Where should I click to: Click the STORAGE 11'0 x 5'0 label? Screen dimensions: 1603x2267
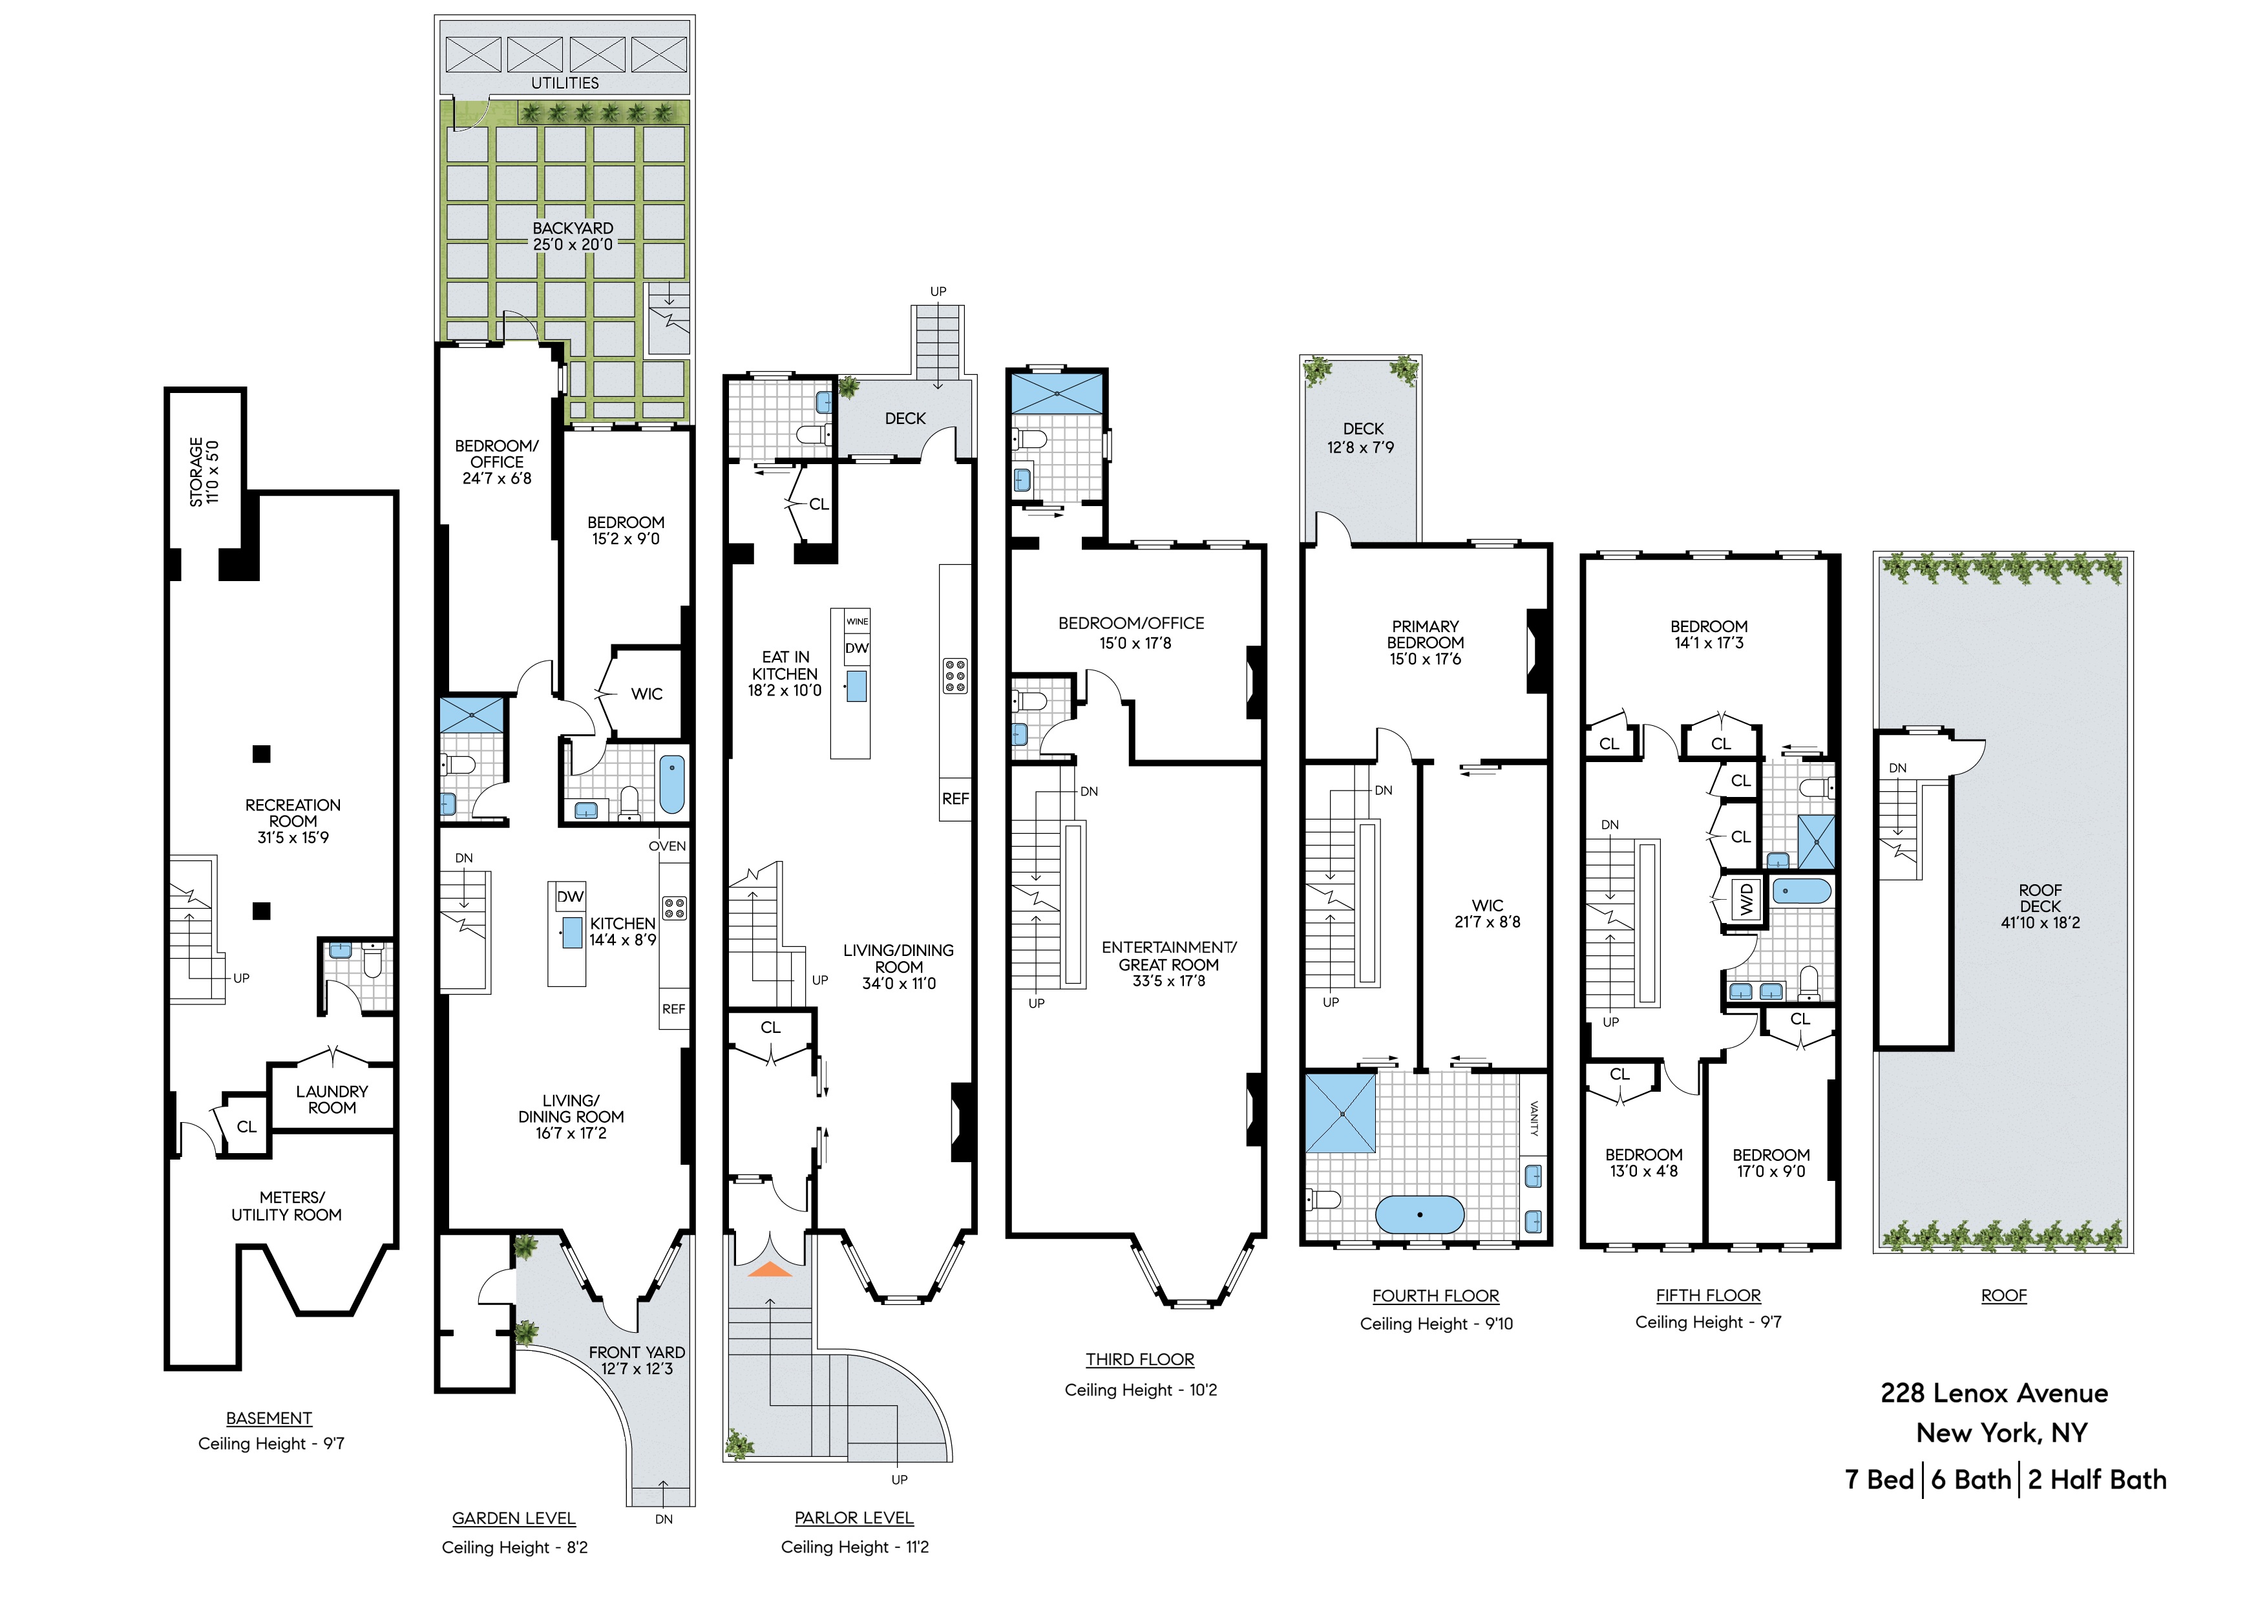point(204,472)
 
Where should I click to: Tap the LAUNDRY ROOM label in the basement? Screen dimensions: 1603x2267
point(332,1099)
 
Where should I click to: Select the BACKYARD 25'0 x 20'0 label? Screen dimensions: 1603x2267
point(573,236)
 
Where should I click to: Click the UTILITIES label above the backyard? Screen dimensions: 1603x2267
point(565,83)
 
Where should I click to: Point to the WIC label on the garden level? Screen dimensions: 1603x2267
point(647,694)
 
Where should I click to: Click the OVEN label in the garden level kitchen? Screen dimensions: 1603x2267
point(668,847)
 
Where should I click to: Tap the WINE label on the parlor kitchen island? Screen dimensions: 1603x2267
point(857,621)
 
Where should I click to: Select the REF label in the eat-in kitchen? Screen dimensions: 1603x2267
point(954,799)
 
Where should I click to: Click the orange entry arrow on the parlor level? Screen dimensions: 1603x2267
point(769,1270)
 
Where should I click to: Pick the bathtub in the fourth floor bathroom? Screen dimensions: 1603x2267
point(1420,1214)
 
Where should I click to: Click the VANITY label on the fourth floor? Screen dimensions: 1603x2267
point(1534,1119)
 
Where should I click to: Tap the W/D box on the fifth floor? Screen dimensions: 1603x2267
point(1745,899)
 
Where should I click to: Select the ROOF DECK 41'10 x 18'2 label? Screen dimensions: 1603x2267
point(2040,907)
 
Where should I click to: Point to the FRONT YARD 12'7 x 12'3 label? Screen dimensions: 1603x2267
point(637,1360)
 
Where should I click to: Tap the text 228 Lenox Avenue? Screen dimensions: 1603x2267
point(1994,1394)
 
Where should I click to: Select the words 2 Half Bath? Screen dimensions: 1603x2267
point(2097,1480)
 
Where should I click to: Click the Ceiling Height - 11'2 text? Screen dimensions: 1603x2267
point(854,1547)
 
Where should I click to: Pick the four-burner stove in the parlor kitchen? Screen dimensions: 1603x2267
point(954,677)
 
